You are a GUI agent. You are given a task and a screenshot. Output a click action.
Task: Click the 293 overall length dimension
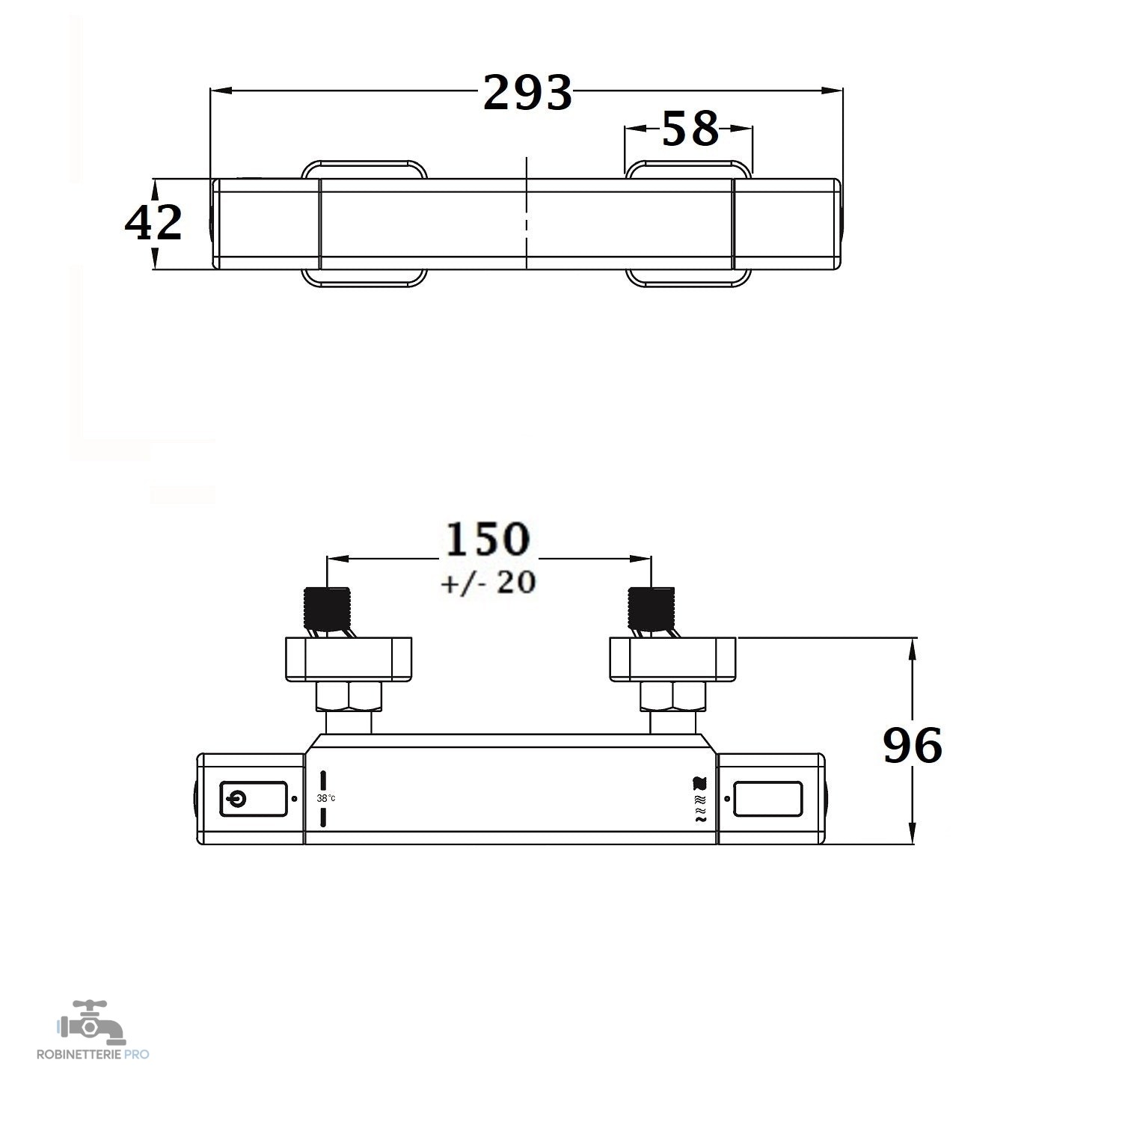pyautogui.click(x=528, y=92)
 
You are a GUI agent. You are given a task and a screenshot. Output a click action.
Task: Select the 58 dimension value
pyautogui.click(x=690, y=129)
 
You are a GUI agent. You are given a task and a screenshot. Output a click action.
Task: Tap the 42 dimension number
pyautogui.click(x=153, y=222)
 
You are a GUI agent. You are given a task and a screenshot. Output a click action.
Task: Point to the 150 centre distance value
pyautogui.click(x=488, y=539)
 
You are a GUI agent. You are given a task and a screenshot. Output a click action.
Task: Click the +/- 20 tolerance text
pyautogui.click(x=488, y=582)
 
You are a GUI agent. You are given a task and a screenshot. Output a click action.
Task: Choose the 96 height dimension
pyautogui.click(x=913, y=745)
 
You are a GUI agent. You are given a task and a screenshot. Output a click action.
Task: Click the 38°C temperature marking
pyautogui.click(x=326, y=798)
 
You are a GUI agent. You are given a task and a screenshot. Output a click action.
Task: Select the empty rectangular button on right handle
pyautogui.click(x=768, y=799)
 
